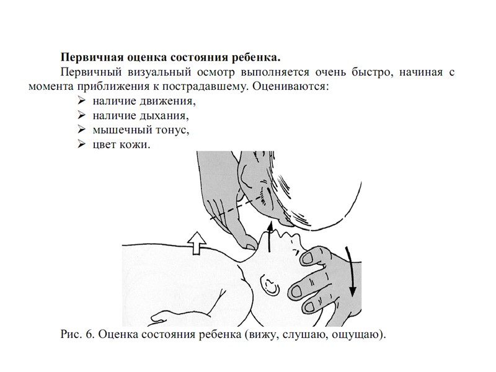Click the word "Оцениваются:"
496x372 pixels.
click(x=290, y=86)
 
